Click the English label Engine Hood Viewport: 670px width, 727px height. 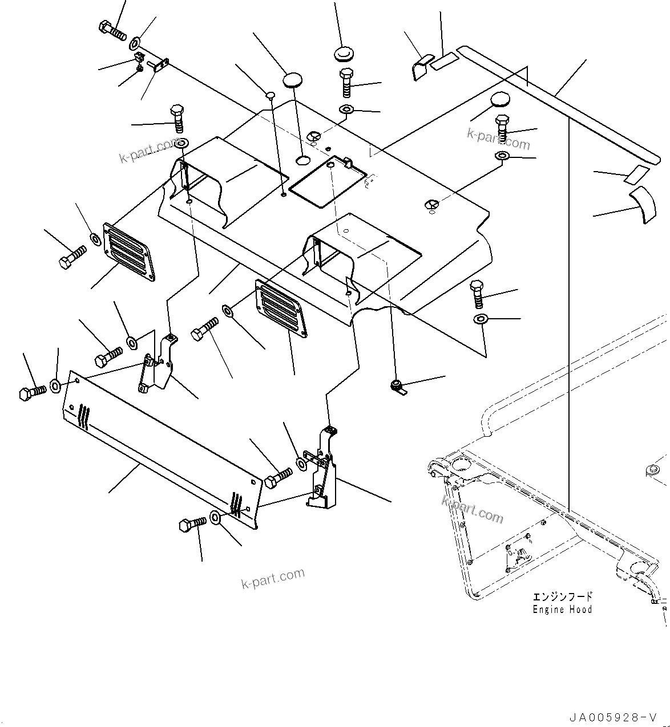(562, 610)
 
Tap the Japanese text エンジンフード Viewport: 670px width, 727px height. (563, 596)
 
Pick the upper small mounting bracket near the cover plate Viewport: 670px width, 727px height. (157, 364)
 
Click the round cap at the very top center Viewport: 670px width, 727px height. (343, 54)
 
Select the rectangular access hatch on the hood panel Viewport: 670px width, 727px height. (326, 178)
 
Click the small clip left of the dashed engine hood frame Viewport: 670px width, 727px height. (398, 388)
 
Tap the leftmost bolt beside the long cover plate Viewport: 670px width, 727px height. (32, 392)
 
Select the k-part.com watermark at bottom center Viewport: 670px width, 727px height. (273, 579)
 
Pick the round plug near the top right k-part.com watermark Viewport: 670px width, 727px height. (501, 100)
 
